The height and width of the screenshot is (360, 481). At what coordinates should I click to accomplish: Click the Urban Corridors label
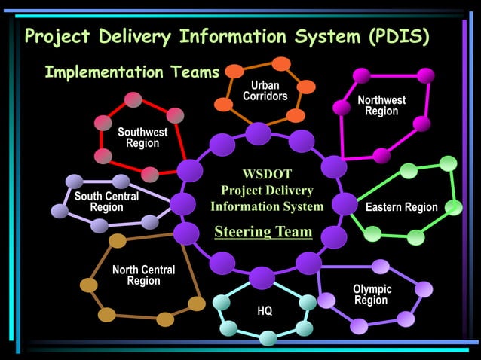[265, 90]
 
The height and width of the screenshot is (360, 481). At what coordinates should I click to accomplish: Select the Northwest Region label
[381, 105]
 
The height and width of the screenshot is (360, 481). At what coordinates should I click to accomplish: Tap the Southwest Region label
[142, 138]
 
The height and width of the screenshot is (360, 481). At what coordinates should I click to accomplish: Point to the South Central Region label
[106, 202]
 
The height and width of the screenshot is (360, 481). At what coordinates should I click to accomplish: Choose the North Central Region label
[143, 276]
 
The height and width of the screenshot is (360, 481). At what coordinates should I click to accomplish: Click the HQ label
[265, 311]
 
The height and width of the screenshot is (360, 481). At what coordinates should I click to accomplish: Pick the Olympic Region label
[372, 294]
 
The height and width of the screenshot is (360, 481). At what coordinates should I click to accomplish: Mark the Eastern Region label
[401, 207]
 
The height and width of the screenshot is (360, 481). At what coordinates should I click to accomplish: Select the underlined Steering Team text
[263, 231]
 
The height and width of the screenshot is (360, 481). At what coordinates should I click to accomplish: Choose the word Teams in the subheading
[192, 72]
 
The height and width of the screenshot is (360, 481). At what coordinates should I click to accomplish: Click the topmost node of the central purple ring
[259, 134]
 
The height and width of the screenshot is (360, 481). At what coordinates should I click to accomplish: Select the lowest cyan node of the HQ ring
[268, 337]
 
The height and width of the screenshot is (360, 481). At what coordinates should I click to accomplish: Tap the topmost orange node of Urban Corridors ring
[280, 64]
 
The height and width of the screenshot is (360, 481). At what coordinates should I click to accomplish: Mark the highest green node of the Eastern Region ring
[448, 163]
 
